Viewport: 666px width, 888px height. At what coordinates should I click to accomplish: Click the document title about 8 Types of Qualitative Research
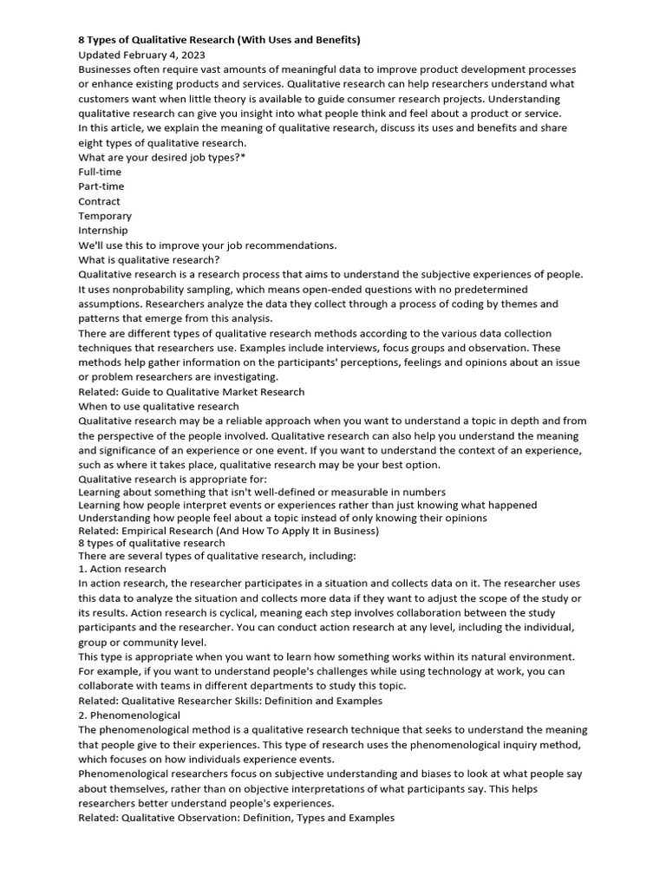(219, 40)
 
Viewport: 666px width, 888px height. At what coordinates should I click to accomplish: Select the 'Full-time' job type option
(100, 172)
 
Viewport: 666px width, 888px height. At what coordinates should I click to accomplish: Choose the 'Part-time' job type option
(101, 186)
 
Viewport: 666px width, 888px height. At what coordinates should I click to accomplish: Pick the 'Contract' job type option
(99, 201)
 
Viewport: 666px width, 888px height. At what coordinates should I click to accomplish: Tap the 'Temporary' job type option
(105, 216)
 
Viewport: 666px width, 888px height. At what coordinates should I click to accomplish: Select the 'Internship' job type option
(102, 231)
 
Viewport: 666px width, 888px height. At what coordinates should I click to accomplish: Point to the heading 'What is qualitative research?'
(149, 259)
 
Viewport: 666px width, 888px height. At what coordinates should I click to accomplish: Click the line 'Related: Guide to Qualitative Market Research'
(192, 392)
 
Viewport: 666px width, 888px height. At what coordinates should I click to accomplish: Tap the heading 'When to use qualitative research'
(159, 407)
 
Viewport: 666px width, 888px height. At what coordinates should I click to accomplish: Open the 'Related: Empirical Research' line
(229, 531)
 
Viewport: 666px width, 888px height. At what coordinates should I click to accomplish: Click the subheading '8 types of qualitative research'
(152, 544)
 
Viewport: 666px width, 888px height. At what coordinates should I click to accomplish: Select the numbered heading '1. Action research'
(122, 569)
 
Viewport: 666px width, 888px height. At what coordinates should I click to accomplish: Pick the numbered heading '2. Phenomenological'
(129, 715)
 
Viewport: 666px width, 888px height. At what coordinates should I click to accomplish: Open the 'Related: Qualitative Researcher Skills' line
(230, 701)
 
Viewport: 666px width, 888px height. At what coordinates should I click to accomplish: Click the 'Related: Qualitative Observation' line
(236, 818)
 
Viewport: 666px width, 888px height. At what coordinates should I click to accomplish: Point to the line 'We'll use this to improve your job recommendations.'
(207, 245)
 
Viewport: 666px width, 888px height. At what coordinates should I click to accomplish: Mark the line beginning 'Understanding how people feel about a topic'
(282, 518)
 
